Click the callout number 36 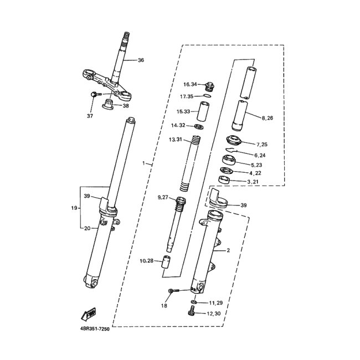tap(140, 60)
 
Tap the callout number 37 tap(90, 116)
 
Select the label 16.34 tap(191, 85)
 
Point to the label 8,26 tap(268, 118)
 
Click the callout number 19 tap(74, 208)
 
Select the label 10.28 tap(147, 260)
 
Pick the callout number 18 tap(164, 305)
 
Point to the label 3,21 tap(253, 182)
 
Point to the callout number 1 tap(143, 163)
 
